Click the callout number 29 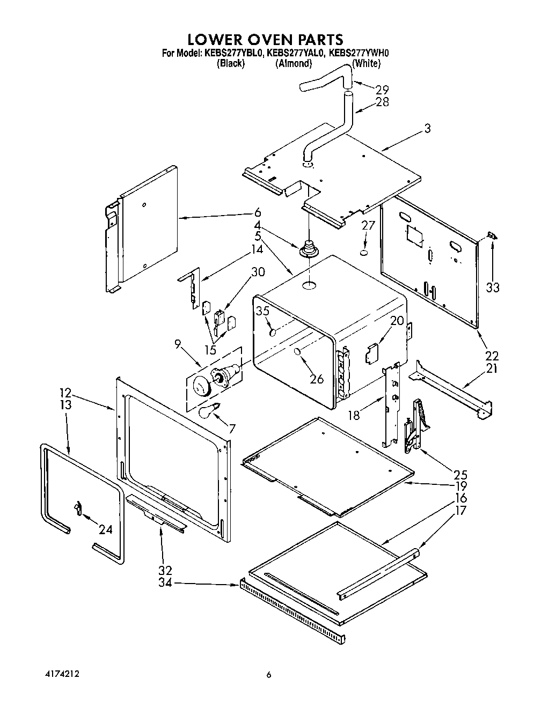(382, 90)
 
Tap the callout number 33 (492, 287)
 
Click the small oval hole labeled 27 (364, 252)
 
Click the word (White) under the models (366, 63)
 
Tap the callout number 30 (258, 272)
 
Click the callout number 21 (492, 368)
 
